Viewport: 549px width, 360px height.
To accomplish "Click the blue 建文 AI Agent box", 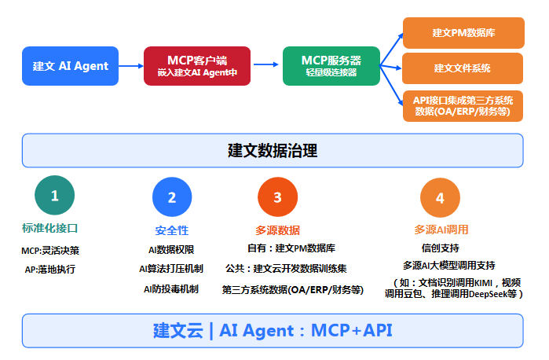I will coord(71,66).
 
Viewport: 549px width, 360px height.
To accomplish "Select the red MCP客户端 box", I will coord(196,66).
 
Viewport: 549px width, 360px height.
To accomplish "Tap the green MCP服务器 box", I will coord(331,66).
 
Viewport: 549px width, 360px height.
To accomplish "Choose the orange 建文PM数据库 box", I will coord(462,33).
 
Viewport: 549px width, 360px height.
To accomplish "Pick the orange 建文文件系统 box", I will coord(462,68).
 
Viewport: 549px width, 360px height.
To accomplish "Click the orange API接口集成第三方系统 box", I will coord(462,105).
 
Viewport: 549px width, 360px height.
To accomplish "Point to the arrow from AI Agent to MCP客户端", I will coord(130,66).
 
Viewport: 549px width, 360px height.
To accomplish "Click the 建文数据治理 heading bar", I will coord(273,150).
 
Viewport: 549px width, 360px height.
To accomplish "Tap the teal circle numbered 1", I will coord(55,196).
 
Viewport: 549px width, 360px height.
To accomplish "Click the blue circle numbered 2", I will coord(172,197).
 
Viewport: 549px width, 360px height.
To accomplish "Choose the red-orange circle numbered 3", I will coord(277,197).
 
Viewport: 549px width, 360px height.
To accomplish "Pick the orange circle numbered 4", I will coord(440,197).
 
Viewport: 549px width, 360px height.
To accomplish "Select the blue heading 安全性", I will coord(171,230).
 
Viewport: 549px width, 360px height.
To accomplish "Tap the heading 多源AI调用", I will coord(441,230).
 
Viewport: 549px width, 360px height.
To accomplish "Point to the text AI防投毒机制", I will coord(171,288).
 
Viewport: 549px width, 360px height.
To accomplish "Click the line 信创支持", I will coord(441,248).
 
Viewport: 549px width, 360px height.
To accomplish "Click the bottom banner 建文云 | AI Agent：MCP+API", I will coord(273,330).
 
